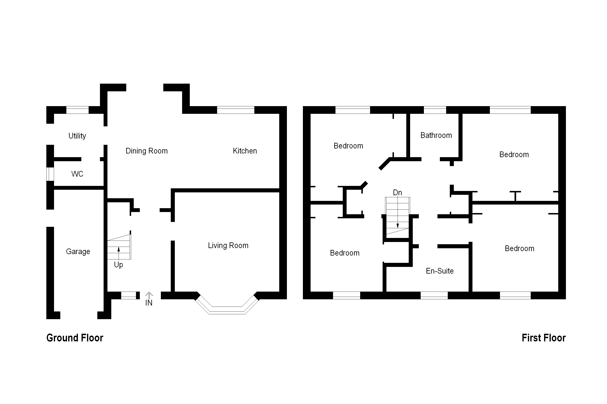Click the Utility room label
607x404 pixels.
(x=77, y=136)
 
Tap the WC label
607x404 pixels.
(x=77, y=174)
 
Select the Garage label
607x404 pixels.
(x=78, y=252)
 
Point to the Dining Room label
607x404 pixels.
(x=146, y=151)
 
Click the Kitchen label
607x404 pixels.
(x=245, y=151)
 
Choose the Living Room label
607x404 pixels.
(x=228, y=246)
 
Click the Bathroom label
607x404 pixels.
(x=436, y=135)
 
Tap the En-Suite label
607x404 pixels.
(x=440, y=271)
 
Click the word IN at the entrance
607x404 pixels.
(x=149, y=303)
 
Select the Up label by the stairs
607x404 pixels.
(x=118, y=265)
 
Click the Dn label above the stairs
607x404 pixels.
(x=397, y=192)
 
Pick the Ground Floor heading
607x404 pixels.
(x=75, y=338)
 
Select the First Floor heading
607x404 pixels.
(x=544, y=338)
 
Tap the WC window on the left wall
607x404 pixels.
(x=50, y=174)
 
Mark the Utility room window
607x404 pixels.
(x=77, y=110)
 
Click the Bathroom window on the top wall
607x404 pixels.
(x=435, y=110)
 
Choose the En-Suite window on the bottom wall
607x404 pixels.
(x=434, y=295)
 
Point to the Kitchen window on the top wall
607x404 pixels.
(x=236, y=110)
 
